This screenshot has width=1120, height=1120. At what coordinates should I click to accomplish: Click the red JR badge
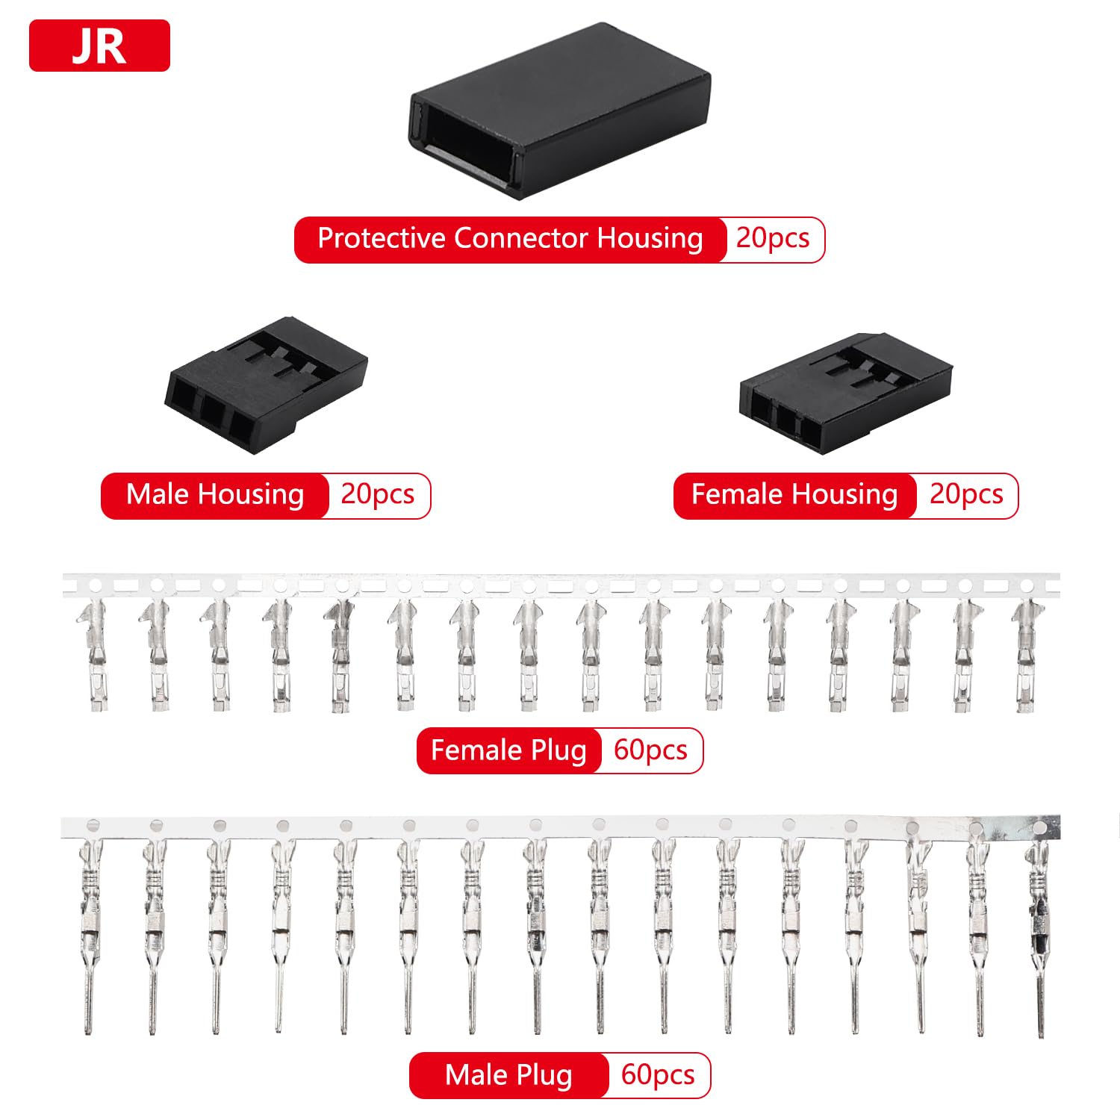coord(99,46)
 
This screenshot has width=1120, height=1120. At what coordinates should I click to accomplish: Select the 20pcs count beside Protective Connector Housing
coord(773,238)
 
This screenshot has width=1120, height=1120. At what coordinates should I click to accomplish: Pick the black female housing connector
coord(846,393)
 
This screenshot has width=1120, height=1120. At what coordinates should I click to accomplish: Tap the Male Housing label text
coord(215,495)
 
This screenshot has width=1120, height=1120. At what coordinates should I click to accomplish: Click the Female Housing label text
coord(794,495)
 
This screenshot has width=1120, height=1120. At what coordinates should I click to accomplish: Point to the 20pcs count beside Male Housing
coord(378,494)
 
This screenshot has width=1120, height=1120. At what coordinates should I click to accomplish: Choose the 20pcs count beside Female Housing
coord(966,494)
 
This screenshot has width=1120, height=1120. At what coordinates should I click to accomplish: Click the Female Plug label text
coord(508,751)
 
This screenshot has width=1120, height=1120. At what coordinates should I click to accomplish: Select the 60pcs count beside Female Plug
coord(650,750)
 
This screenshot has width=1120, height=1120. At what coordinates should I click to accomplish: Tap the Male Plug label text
coord(508,1076)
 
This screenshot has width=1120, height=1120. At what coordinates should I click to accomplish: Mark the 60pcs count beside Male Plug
coord(658,1075)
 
